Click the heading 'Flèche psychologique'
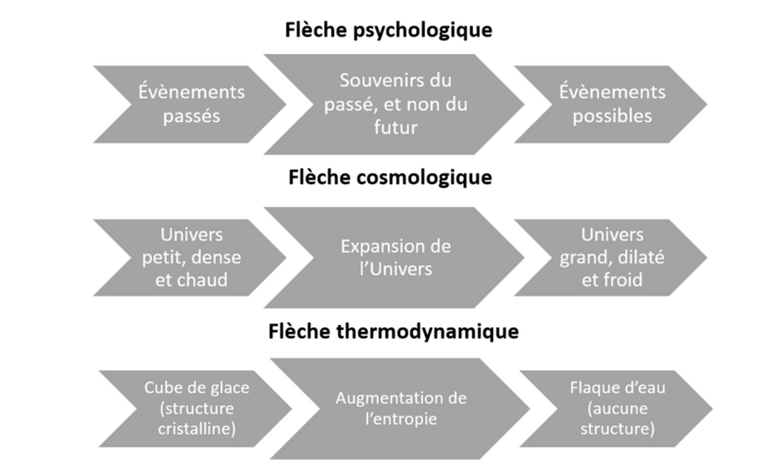click(x=388, y=30)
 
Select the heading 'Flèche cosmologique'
click(x=390, y=178)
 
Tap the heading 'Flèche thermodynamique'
click(x=393, y=331)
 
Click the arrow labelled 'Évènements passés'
click(x=190, y=105)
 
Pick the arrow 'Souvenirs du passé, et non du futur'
click(x=394, y=105)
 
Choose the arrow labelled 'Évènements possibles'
click(x=611, y=105)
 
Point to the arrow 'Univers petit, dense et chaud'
click(x=190, y=258)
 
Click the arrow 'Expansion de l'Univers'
click(x=394, y=258)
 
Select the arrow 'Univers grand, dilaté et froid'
click(x=611, y=258)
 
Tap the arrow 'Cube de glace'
click(x=196, y=409)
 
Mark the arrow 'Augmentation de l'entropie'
click(x=400, y=409)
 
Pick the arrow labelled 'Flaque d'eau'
click(x=616, y=409)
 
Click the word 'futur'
click(x=396, y=127)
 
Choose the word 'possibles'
click(x=612, y=117)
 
